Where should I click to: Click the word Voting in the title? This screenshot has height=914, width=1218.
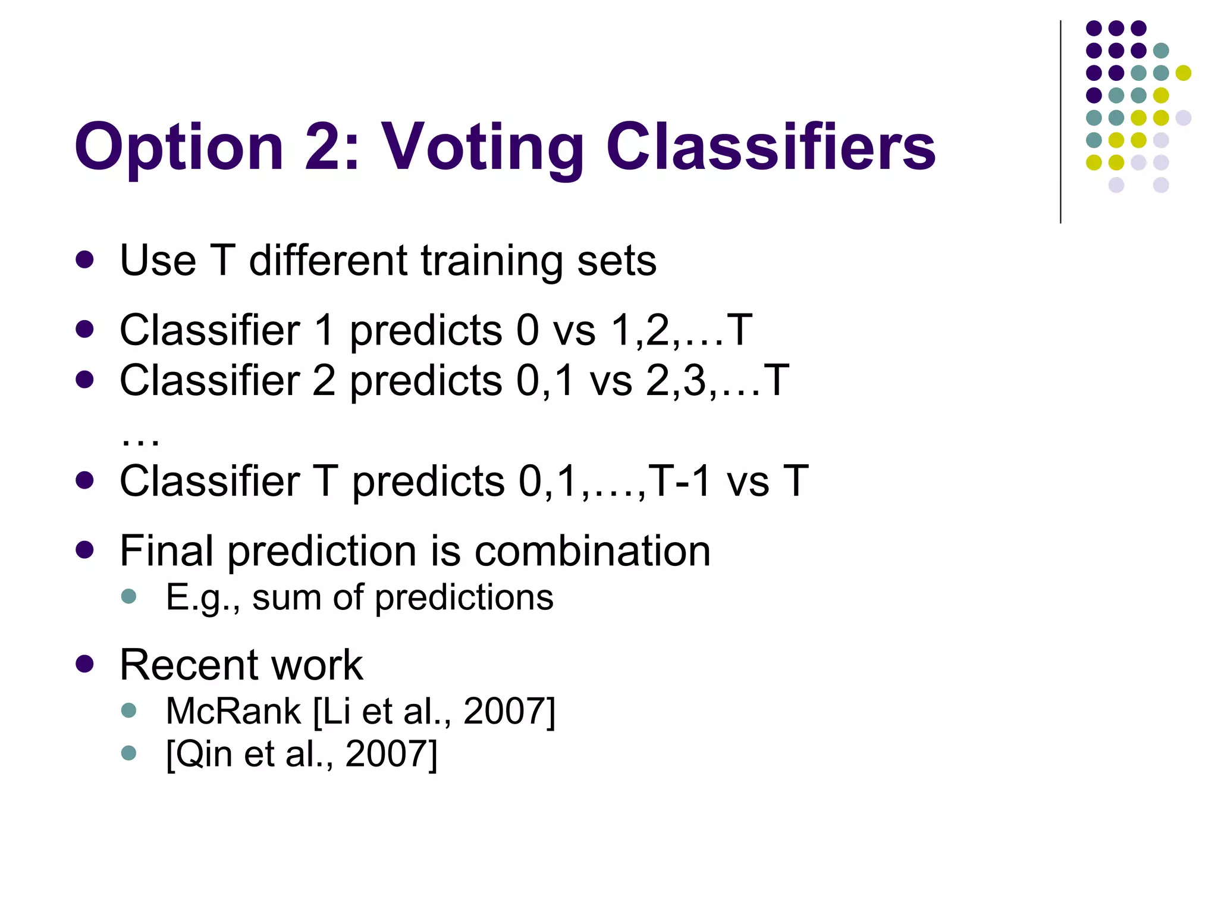pyautogui.click(x=482, y=147)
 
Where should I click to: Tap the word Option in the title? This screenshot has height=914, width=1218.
pyautogui.click(x=179, y=147)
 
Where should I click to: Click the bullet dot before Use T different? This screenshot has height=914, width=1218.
pyautogui.click(x=85, y=260)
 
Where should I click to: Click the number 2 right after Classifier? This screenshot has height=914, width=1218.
pyautogui.click(x=324, y=380)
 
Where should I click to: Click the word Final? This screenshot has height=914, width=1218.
pyautogui.click(x=167, y=550)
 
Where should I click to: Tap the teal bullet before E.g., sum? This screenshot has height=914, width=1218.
pyautogui.click(x=128, y=596)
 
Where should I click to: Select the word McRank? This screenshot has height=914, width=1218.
pyautogui.click(x=233, y=710)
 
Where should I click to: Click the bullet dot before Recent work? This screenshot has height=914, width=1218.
pyautogui.click(x=85, y=664)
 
